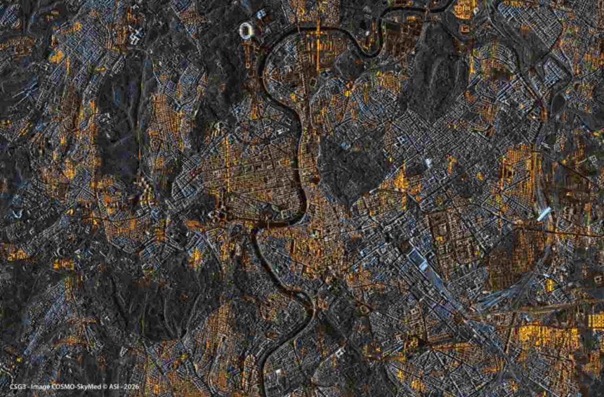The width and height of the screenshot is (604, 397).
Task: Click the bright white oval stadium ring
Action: [247, 29]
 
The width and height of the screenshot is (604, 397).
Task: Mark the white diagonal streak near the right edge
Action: [543, 214]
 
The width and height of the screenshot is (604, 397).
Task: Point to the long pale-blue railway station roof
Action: [419, 260]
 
